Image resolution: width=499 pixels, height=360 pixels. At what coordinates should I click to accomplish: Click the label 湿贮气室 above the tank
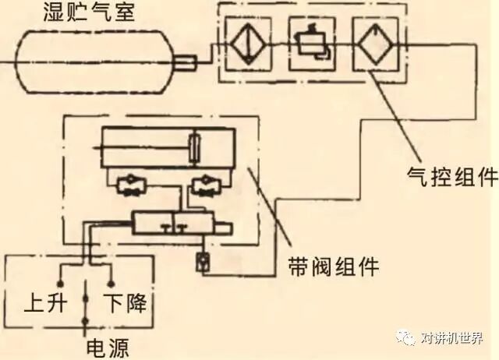click(94, 12)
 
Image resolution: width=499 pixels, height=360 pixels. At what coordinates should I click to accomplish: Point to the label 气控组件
click(452, 177)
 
